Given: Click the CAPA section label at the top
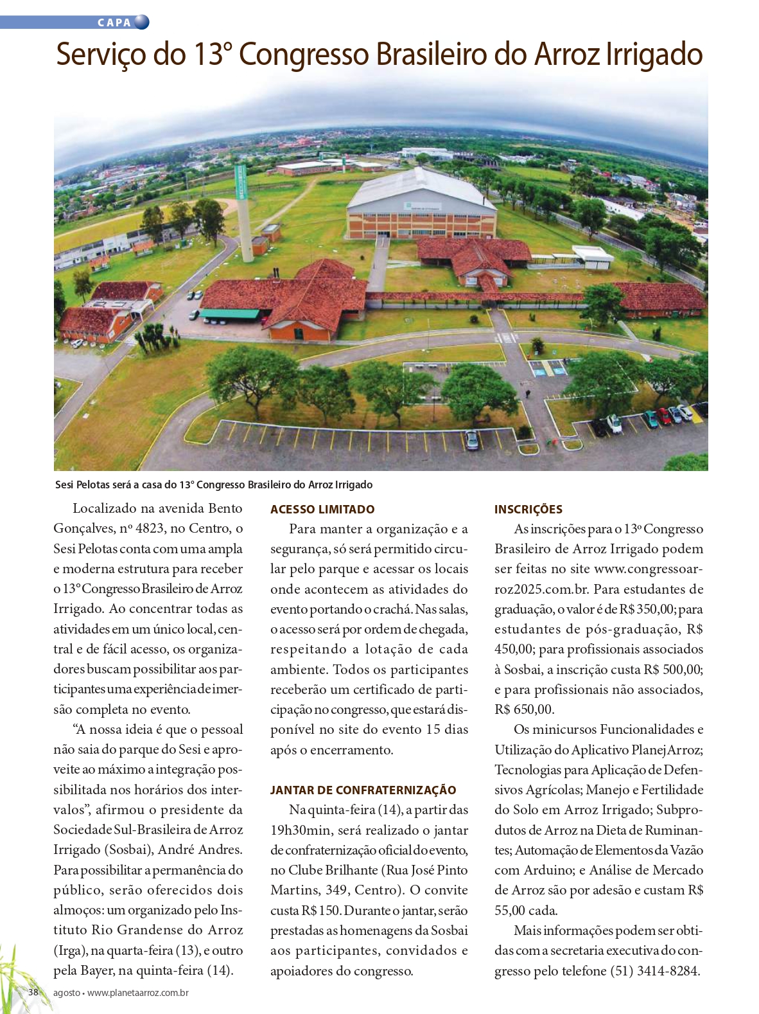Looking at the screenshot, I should [114, 22].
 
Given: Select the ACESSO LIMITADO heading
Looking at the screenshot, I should [322, 510].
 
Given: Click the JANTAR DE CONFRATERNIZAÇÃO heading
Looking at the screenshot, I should [363, 790].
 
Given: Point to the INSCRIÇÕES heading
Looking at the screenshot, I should [528, 510].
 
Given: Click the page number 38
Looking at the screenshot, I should [33, 992].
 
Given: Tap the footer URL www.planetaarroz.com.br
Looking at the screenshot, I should [138, 993].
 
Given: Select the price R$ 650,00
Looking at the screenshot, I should [524, 709].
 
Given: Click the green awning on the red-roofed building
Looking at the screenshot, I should [229, 314].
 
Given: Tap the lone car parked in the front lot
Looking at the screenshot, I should [472, 440].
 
